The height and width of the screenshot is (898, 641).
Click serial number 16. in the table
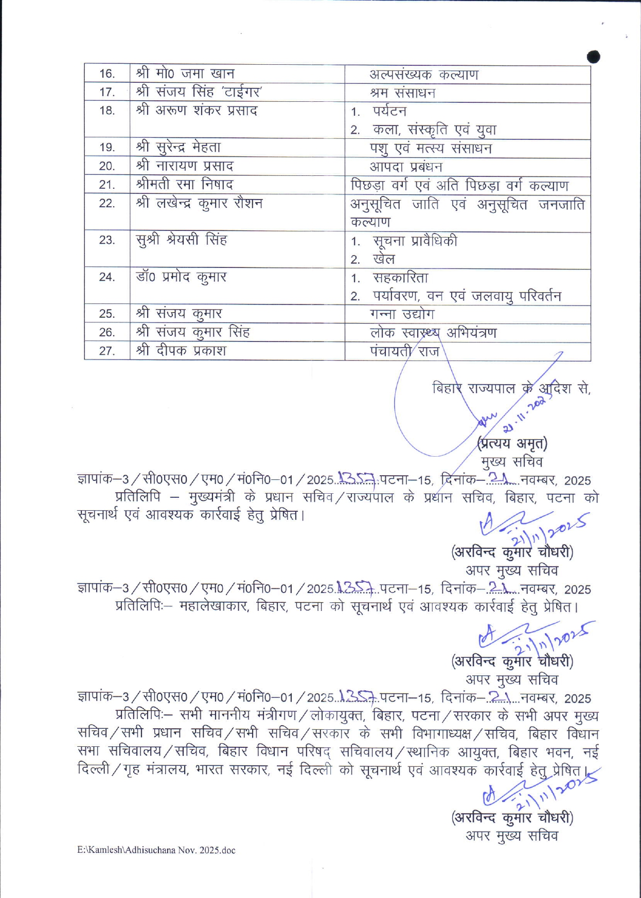(107, 74)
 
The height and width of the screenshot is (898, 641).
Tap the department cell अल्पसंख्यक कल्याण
(423, 75)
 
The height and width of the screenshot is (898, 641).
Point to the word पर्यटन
(389, 111)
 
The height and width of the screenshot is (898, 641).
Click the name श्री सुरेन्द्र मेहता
(178, 147)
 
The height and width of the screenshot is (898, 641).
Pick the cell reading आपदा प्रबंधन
(405, 167)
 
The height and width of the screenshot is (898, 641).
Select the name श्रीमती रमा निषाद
(184, 184)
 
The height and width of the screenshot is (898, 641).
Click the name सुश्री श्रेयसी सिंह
(181, 240)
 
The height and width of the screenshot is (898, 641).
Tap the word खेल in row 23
(384, 259)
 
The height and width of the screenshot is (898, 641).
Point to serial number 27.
(106, 351)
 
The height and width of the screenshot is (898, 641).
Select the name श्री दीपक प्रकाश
(181, 351)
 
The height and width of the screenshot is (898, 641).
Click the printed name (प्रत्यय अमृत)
(512, 443)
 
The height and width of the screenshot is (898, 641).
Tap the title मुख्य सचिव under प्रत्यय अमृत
(511, 461)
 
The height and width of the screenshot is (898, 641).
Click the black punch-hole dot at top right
(593, 57)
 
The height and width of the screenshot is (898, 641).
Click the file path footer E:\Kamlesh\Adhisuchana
(156, 850)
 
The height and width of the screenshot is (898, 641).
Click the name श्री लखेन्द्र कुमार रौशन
(199, 203)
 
